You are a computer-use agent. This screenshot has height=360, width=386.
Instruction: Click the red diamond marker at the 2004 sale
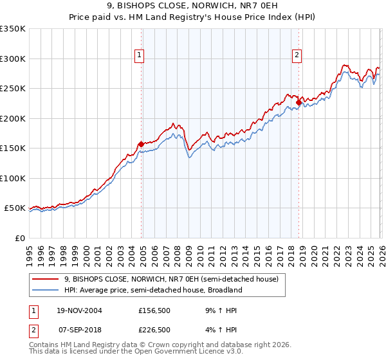(x=141, y=144)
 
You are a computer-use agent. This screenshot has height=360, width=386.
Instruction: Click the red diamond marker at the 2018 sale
(x=299, y=102)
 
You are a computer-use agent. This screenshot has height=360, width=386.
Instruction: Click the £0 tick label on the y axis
(x=20, y=238)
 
